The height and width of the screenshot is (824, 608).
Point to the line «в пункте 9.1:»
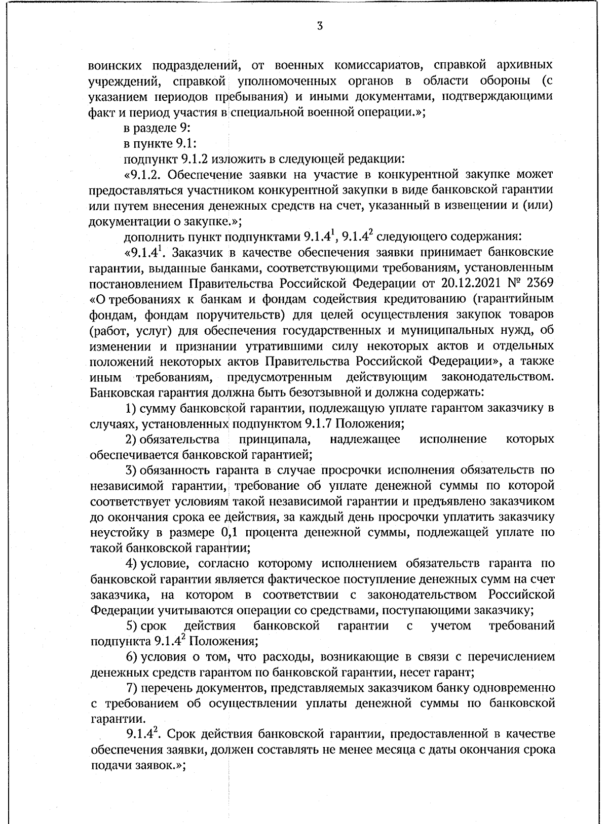[x=160, y=143]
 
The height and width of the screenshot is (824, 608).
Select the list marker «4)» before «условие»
[x=132, y=564]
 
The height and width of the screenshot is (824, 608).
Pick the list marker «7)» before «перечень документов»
[x=132, y=688]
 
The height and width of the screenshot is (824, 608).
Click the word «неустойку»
[x=116, y=532]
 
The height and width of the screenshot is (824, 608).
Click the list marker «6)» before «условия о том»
[x=132, y=657]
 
